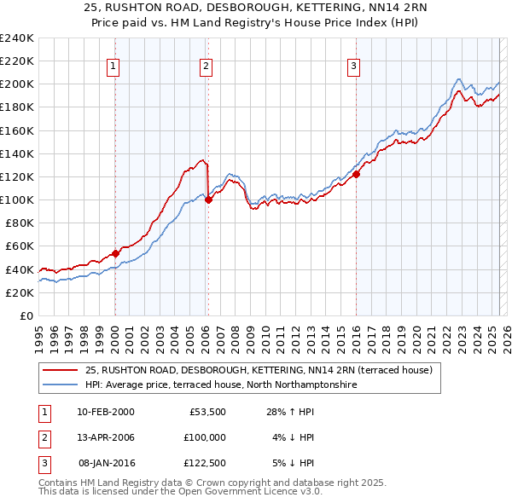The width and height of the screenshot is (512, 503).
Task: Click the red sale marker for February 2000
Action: click(115, 253)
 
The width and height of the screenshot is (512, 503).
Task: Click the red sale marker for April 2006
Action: click(208, 200)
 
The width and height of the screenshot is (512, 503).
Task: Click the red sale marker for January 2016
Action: click(356, 175)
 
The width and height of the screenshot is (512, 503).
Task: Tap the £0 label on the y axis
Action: click(26, 315)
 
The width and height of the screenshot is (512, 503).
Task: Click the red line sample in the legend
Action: click(61, 370)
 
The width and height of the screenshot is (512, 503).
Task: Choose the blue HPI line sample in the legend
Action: click(61, 384)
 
